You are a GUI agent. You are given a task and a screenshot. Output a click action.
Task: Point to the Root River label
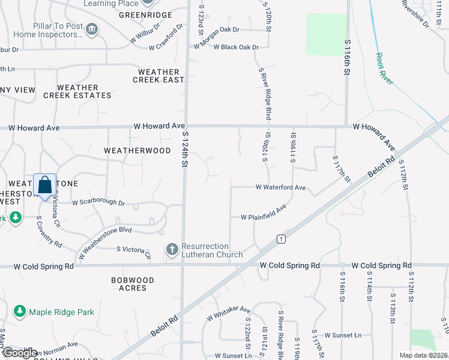[385, 68]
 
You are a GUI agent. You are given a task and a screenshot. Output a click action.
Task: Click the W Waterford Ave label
[281, 187]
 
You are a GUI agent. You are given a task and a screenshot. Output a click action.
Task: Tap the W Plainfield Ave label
[264, 212]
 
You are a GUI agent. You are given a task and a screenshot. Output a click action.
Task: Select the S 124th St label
[185, 152]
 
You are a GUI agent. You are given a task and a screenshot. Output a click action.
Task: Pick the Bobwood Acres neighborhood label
[133, 284]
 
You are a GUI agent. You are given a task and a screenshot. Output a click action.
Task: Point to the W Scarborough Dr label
[98, 203]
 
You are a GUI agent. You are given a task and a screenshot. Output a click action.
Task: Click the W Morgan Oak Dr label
[216, 29]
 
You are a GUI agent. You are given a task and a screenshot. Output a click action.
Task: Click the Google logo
[19, 353]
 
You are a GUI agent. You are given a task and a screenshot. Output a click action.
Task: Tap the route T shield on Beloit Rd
[280, 239]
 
